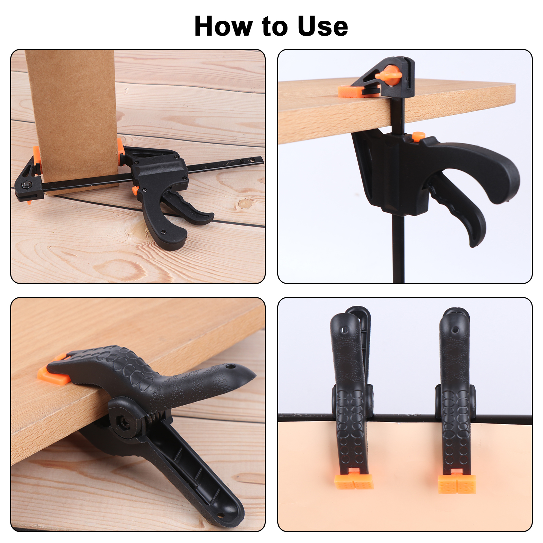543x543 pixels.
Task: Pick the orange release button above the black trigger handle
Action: [x=418, y=136]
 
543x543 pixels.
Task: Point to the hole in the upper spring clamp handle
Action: [x=231, y=367]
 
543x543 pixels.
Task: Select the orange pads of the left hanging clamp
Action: [x=354, y=480]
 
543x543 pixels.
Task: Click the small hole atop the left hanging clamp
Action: [x=345, y=330]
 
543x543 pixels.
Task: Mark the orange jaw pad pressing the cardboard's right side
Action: [x=121, y=151]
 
